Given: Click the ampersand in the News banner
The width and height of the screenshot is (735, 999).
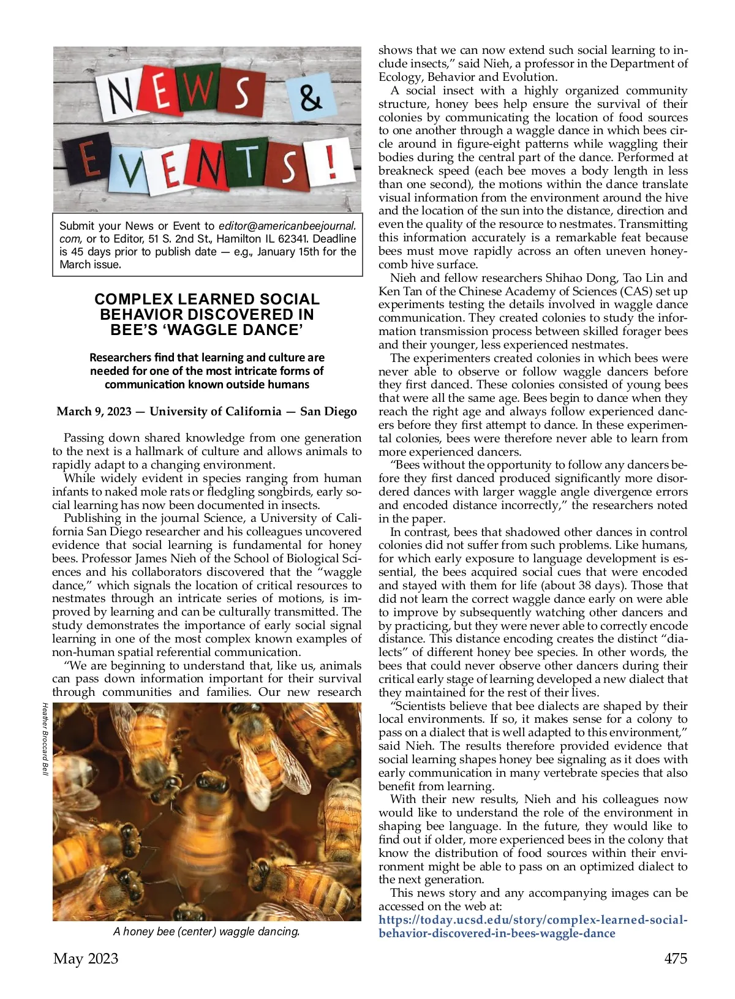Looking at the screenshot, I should pyautogui.click(x=311, y=97).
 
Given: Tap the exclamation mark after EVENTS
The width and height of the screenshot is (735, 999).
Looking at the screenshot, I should pyautogui.click(x=332, y=161).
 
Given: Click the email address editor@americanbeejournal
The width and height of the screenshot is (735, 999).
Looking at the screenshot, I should pyautogui.click(x=287, y=225).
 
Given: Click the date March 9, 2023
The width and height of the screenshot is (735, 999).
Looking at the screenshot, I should pyautogui.click(x=94, y=411).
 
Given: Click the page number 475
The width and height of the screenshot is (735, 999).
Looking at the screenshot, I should pyautogui.click(x=676, y=959).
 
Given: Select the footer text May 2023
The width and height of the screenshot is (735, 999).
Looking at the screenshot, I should pyautogui.click(x=86, y=959).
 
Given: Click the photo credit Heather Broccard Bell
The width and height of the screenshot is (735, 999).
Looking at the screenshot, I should pyautogui.click(x=45, y=739).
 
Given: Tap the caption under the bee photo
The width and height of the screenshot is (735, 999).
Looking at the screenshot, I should pyautogui.click(x=206, y=932).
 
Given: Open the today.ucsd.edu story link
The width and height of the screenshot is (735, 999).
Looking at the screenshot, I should pyautogui.click(x=533, y=927).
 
